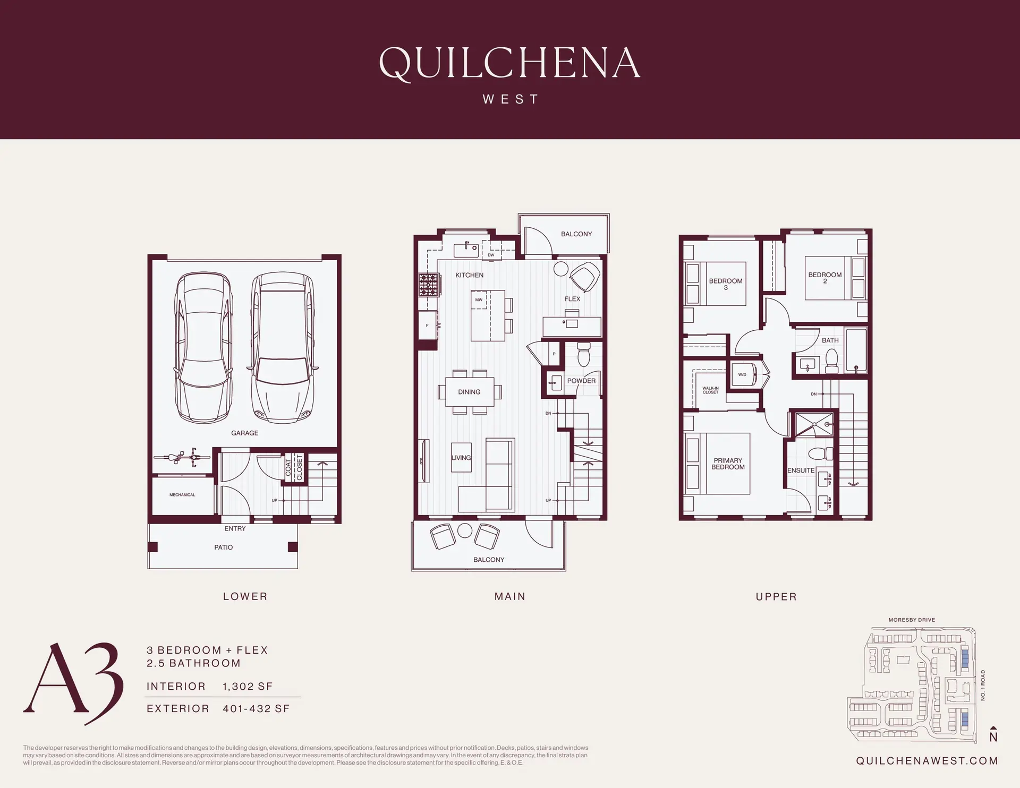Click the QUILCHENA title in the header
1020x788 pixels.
click(509, 64)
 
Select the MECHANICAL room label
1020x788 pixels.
click(182, 495)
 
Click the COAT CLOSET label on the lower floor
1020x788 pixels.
click(294, 467)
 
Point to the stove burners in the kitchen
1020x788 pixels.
click(429, 285)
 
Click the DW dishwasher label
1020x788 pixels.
click(491, 255)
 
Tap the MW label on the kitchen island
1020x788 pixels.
click(479, 300)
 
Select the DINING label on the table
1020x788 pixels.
click(469, 392)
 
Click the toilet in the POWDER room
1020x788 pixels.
click(583, 354)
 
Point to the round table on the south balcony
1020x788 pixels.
click(465, 530)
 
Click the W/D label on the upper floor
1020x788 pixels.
click(742, 374)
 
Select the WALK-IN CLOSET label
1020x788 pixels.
click(710, 390)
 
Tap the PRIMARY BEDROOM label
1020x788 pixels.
click(728, 464)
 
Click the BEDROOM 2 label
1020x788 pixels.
click(824, 278)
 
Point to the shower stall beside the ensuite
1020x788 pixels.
click(813, 424)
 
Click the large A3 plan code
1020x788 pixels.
click(73, 684)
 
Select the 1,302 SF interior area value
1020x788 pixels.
click(248, 686)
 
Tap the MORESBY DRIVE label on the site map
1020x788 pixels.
click(912, 620)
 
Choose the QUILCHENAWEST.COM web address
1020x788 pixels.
click(926, 761)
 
